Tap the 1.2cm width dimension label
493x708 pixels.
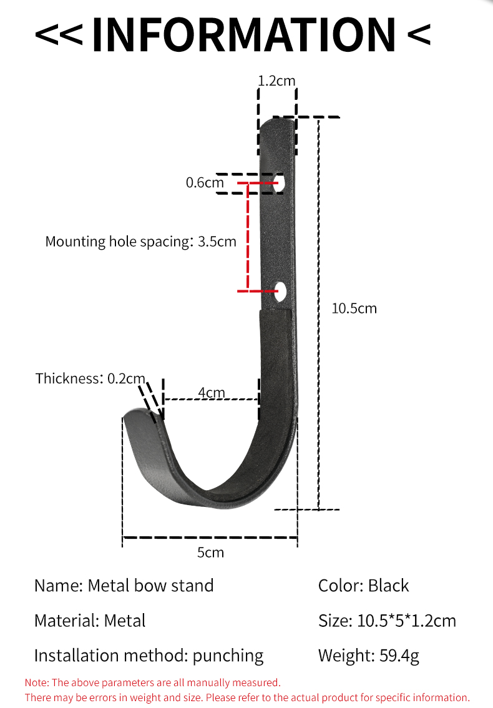(x=276, y=80)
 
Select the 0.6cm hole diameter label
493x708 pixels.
(x=204, y=183)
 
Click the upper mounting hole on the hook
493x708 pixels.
(x=282, y=184)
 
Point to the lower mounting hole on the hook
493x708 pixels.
(x=280, y=290)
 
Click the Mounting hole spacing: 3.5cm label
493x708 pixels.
(x=140, y=242)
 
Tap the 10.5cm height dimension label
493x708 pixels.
(x=354, y=308)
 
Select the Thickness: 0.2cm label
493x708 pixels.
(x=90, y=378)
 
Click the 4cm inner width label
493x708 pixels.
(x=212, y=392)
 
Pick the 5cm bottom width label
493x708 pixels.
(x=210, y=553)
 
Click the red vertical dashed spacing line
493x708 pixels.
(x=248, y=237)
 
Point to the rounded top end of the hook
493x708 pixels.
(x=277, y=125)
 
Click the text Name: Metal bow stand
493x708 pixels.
(x=124, y=586)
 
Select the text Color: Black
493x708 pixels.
(x=363, y=586)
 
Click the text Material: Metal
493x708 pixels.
(x=90, y=621)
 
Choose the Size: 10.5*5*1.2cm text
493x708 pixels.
(x=387, y=621)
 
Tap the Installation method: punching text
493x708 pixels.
(x=149, y=656)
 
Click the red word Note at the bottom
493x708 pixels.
(x=36, y=683)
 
